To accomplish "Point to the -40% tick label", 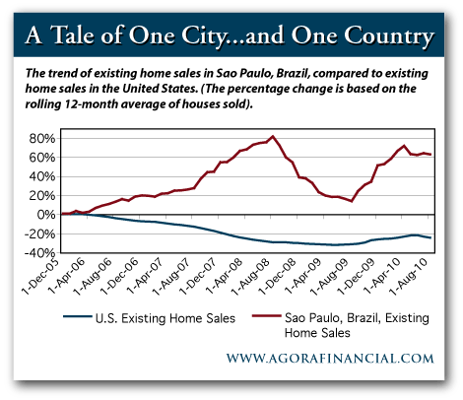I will point(39,252).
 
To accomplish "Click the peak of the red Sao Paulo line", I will point(272,136).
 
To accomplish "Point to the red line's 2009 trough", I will point(352,201).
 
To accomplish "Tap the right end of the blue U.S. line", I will point(430,237).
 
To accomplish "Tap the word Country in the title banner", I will point(383,36).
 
